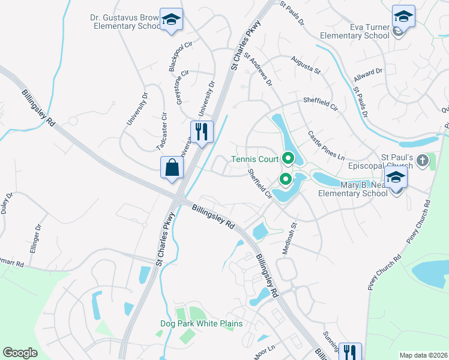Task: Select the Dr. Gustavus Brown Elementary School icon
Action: click(x=172, y=20)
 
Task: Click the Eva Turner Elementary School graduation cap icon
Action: click(x=403, y=16)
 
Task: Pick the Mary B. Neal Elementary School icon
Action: click(x=396, y=177)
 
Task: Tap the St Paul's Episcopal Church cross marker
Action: click(x=423, y=160)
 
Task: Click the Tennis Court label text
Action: click(x=255, y=160)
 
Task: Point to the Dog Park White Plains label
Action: click(x=201, y=324)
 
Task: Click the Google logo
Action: click(x=20, y=353)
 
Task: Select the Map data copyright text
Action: click(x=423, y=355)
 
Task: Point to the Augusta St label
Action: click(x=306, y=64)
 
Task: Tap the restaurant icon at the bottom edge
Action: click(x=349, y=351)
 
